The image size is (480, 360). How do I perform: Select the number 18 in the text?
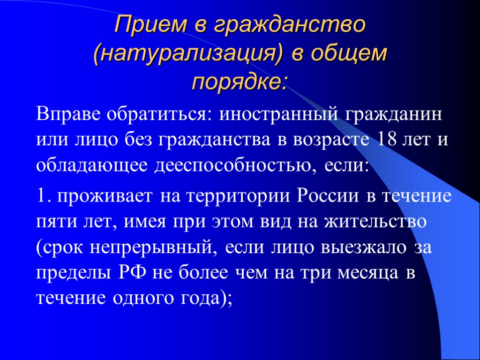[385, 140]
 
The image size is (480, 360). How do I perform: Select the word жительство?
[375, 221]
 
